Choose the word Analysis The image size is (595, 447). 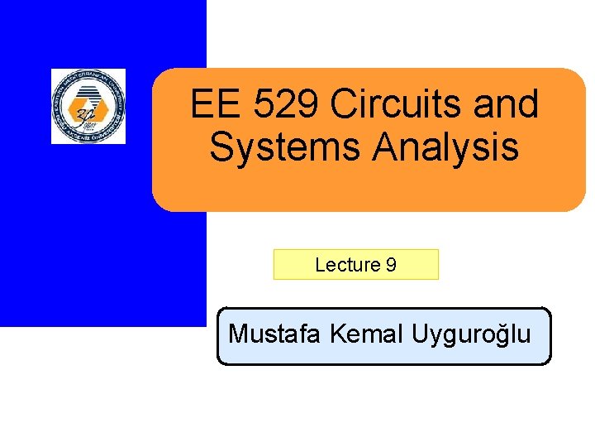click(445, 148)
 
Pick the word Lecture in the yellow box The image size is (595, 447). click(347, 266)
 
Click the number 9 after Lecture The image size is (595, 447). click(391, 266)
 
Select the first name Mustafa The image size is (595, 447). click(275, 334)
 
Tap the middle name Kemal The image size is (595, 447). click(366, 334)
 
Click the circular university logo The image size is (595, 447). click(88, 106)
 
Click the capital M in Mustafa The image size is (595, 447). click(236, 334)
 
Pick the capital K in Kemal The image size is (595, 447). click(336, 334)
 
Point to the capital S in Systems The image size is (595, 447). click(222, 148)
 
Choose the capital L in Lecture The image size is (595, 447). click(320, 266)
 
